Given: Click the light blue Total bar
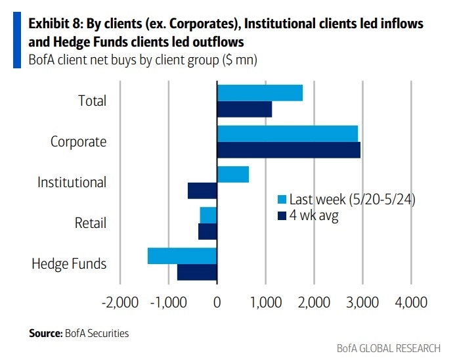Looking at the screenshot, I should (x=260, y=93).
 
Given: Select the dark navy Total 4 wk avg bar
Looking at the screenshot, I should (x=244, y=109).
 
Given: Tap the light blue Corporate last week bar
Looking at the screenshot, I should (x=288, y=133).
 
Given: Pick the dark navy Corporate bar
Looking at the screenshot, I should (x=289, y=150).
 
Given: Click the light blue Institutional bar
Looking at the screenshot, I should (x=233, y=174).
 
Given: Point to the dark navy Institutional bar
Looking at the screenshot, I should (x=202, y=191).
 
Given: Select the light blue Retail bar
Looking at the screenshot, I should (x=208, y=215).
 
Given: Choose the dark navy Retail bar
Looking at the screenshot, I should (x=207, y=231).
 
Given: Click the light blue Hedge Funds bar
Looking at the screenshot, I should (x=183, y=256).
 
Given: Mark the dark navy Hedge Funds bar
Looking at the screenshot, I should (x=197, y=272).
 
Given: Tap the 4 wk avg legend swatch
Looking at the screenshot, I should (x=282, y=215).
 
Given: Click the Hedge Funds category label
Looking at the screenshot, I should (x=69, y=264).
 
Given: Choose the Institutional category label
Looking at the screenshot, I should (x=72, y=182).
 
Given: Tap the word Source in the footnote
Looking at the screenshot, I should (x=45, y=333).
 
